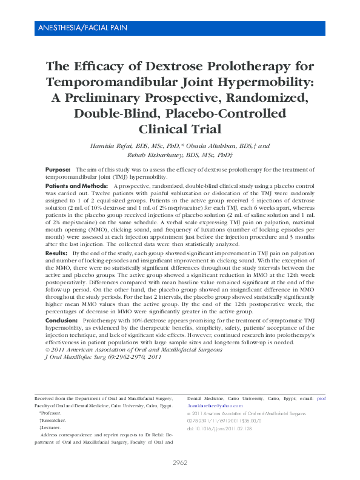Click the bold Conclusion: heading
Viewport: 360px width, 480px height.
click(x=62, y=319)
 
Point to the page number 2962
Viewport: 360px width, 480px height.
click(x=180, y=462)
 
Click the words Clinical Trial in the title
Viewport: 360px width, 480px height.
click(x=179, y=129)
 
